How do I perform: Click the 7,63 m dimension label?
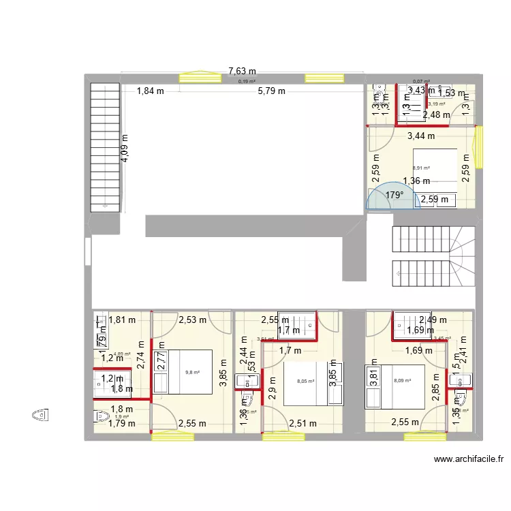[242, 71]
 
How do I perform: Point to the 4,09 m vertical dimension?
[125, 147]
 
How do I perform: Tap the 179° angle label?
[394, 195]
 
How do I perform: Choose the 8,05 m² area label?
[306, 382]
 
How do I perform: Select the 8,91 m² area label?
[421, 168]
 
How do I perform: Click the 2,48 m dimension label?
[437, 115]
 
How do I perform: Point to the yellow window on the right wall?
[480, 146]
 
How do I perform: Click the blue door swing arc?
[386, 196]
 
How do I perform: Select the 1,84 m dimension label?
[150, 91]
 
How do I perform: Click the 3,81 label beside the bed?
[373, 374]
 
